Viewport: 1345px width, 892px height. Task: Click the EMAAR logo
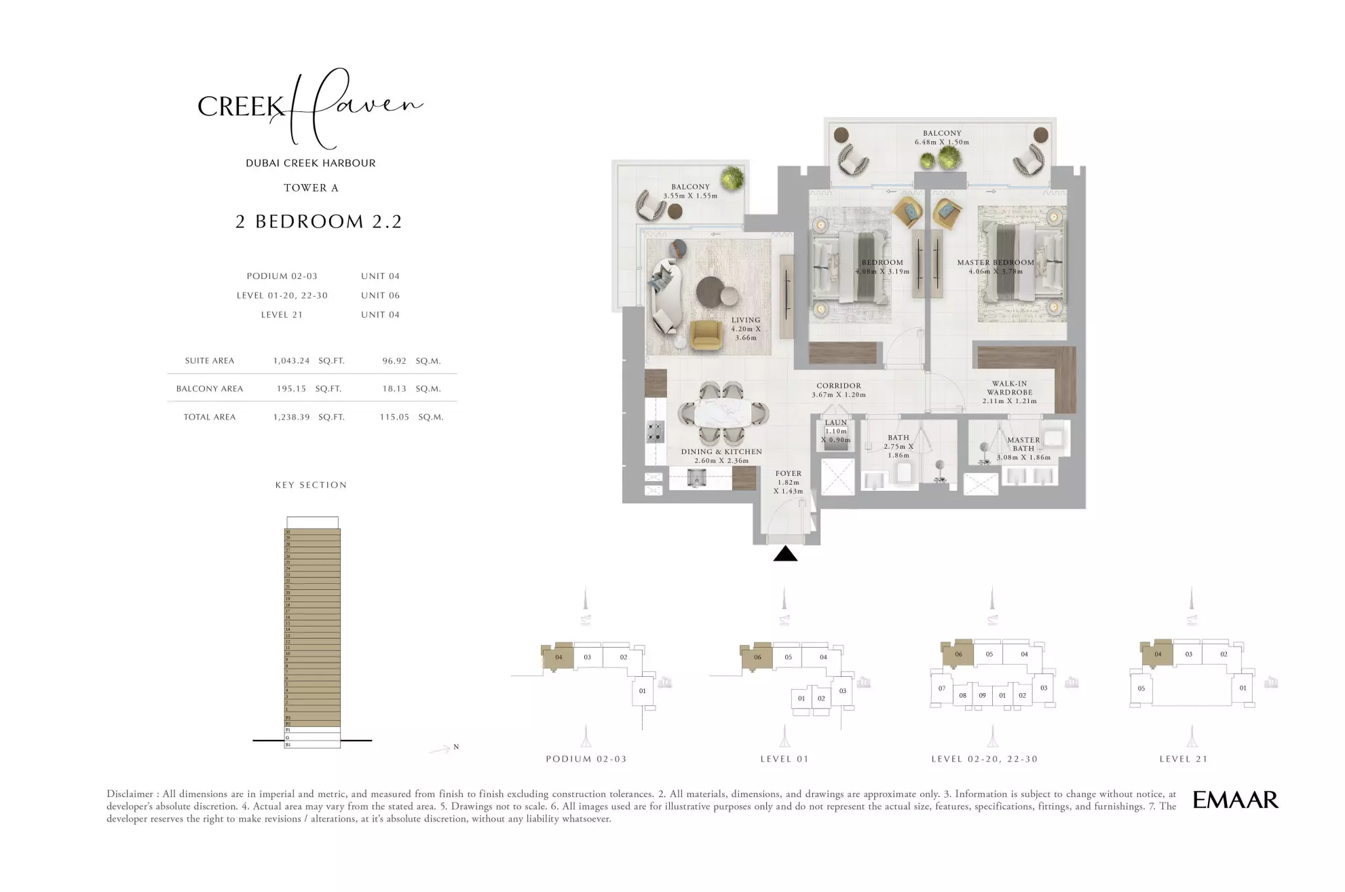tap(1235, 800)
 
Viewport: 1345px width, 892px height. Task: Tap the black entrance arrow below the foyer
tap(785, 555)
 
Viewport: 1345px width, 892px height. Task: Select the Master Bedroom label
tap(995, 263)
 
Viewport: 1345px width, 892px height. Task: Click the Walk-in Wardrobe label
tap(1009, 392)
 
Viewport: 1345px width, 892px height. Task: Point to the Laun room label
tap(835, 423)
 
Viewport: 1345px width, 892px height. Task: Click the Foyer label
tap(788, 474)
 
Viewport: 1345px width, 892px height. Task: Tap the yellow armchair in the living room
tap(707, 335)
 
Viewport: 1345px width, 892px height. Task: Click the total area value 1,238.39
tap(291, 417)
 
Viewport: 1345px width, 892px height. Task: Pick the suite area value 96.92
tap(394, 361)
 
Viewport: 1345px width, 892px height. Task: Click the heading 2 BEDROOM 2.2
tap(319, 221)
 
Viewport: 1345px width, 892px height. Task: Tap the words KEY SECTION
tap(311, 485)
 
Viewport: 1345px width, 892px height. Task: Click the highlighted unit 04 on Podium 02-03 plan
tap(558, 656)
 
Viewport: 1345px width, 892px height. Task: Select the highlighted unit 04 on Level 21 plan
tap(1158, 654)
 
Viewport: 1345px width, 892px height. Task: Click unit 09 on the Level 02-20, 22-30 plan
tap(982, 695)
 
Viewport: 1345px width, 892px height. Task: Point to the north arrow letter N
tap(456, 747)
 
